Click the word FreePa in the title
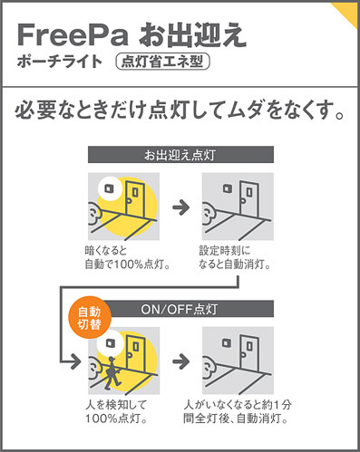coord(73,35)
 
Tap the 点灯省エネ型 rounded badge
coord(163,62)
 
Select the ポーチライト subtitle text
coord(60,62)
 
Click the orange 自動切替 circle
coord(90,318)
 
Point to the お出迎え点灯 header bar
coord(180,155)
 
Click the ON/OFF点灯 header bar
coord(190,309)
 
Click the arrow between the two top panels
coord(181,207)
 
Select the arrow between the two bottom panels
coord(181,361)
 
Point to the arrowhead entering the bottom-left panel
coord(76,361)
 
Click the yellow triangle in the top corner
coord(346,13)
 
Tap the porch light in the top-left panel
coord(109,188)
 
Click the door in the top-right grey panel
coord(249,198)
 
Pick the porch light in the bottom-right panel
coord(227,342)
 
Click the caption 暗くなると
coord(106,250)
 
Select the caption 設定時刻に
coord(225,250)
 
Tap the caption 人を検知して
coord(116,404)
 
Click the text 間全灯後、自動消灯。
coord(236,418)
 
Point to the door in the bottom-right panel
coord(249,352)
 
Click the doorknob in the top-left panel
coord(129,200)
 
